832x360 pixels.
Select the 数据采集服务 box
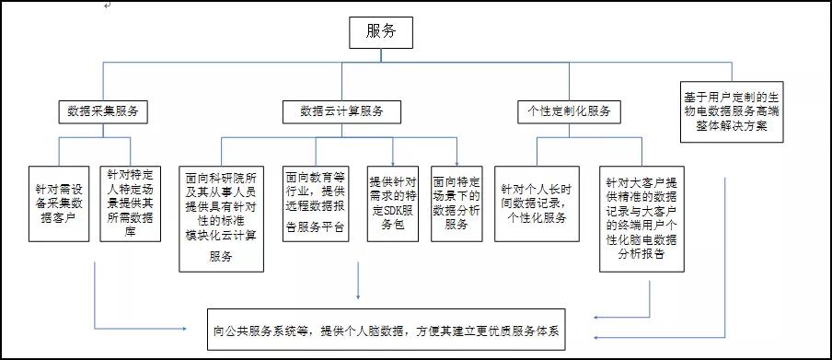point(102,111)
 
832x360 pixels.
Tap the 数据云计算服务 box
point(341,111)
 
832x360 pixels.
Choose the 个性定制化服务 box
point(568,111)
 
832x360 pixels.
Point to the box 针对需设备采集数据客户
point(60,202)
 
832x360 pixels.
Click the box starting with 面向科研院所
point(221,214)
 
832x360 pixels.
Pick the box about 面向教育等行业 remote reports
point(316,202)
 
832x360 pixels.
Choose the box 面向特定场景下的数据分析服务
point(457,202)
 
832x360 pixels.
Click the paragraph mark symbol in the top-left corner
point(108,6)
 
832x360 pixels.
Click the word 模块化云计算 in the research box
point(214,235)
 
